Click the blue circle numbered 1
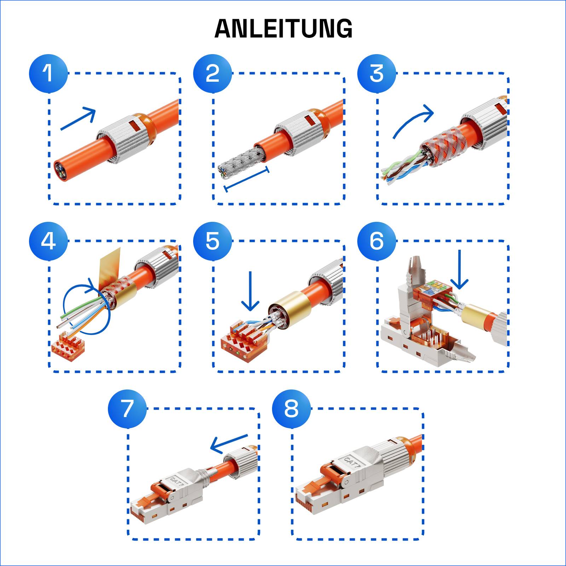pos(48,74)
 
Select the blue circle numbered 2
pos(213,74)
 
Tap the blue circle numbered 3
pos(377,74)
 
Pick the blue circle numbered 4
pos(48,241)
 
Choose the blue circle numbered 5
pos(213,241)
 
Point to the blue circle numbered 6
pos(377,241)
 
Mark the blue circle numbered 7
pos(127,409)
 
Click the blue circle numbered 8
pos(291,409)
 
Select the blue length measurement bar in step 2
pos(247,179)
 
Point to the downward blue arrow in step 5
pos(250,292)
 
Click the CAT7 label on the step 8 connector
pos(352,462)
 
